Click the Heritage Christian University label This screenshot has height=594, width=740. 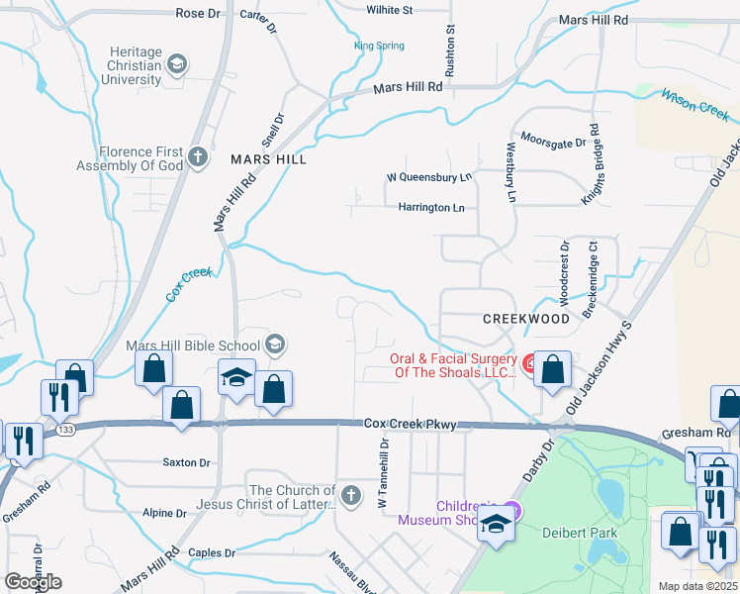122,64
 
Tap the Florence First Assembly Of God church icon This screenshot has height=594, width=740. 198,156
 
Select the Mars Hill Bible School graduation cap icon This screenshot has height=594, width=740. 276,345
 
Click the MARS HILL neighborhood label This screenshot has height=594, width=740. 268,159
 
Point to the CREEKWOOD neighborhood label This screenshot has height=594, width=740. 525,319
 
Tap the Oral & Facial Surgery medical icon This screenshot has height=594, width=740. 531,364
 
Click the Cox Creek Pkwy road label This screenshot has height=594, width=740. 411,424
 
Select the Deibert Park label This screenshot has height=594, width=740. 580,533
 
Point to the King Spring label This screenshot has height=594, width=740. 379,46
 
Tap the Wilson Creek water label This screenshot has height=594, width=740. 694,104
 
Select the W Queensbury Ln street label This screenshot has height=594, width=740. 428,178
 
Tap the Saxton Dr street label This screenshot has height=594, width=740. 186,462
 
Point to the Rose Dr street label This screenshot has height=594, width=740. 198,13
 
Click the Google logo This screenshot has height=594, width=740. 33,582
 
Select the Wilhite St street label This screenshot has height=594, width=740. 389,10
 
